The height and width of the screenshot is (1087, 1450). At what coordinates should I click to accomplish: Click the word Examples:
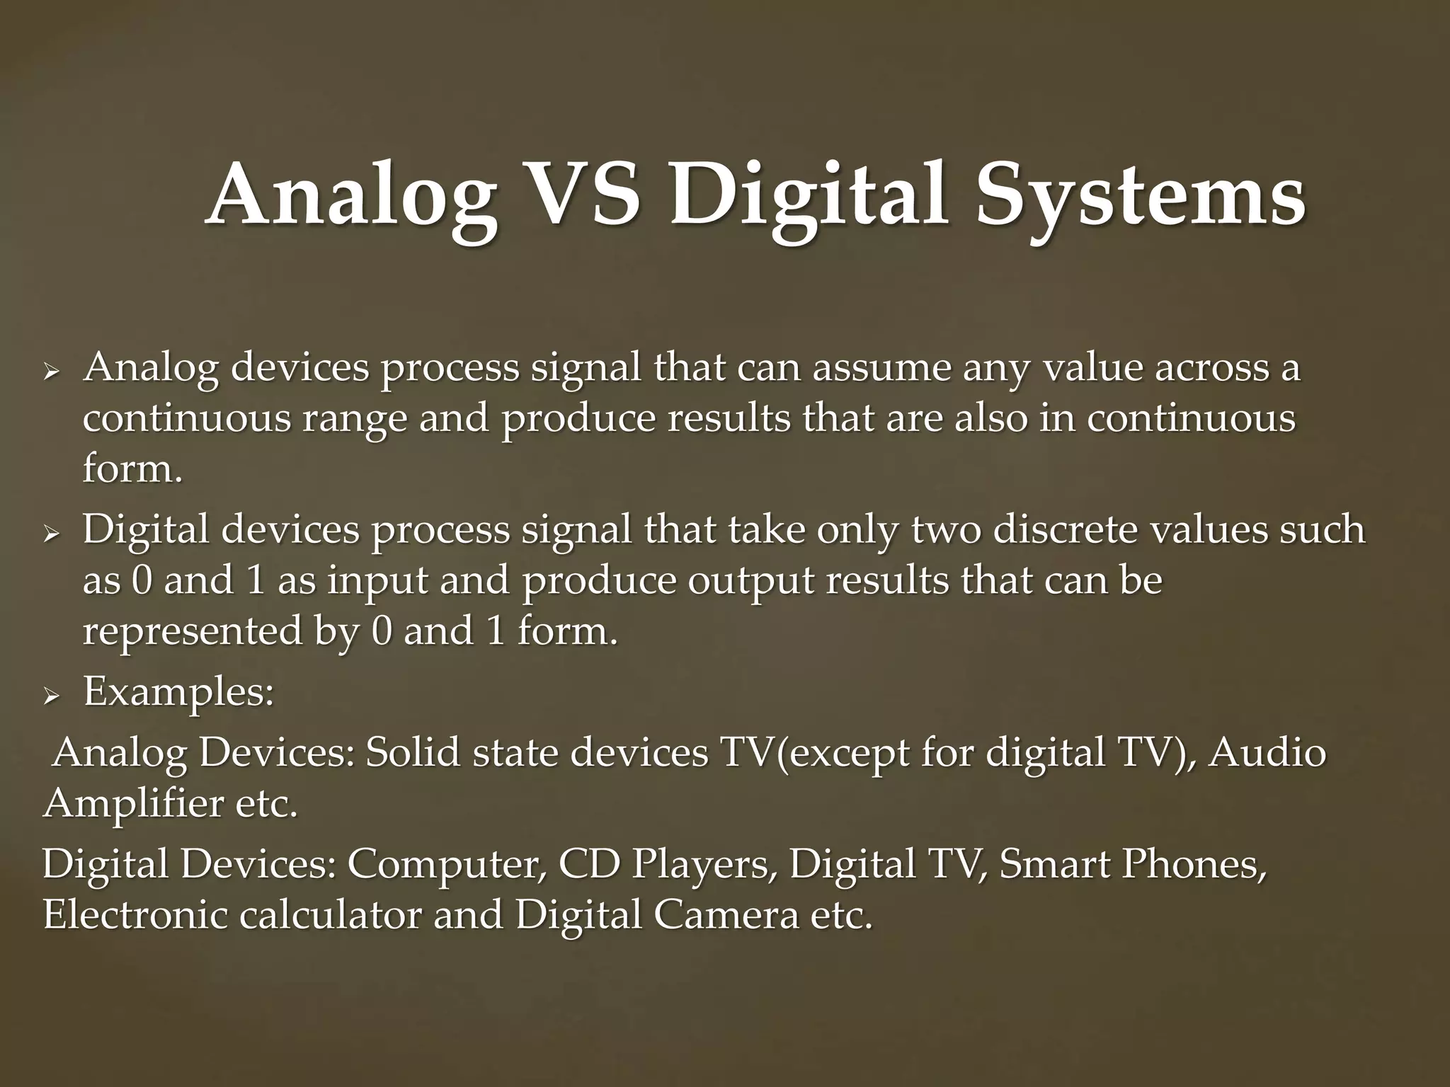click(178, 692)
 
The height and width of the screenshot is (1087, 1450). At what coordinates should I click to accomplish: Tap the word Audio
click(1267, 753)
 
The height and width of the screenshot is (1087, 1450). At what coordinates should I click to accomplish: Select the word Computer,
click(447, 865)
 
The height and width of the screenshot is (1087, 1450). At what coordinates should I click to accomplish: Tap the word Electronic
click(135, 915)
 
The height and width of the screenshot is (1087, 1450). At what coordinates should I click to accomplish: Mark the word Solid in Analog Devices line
click(412, 753)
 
